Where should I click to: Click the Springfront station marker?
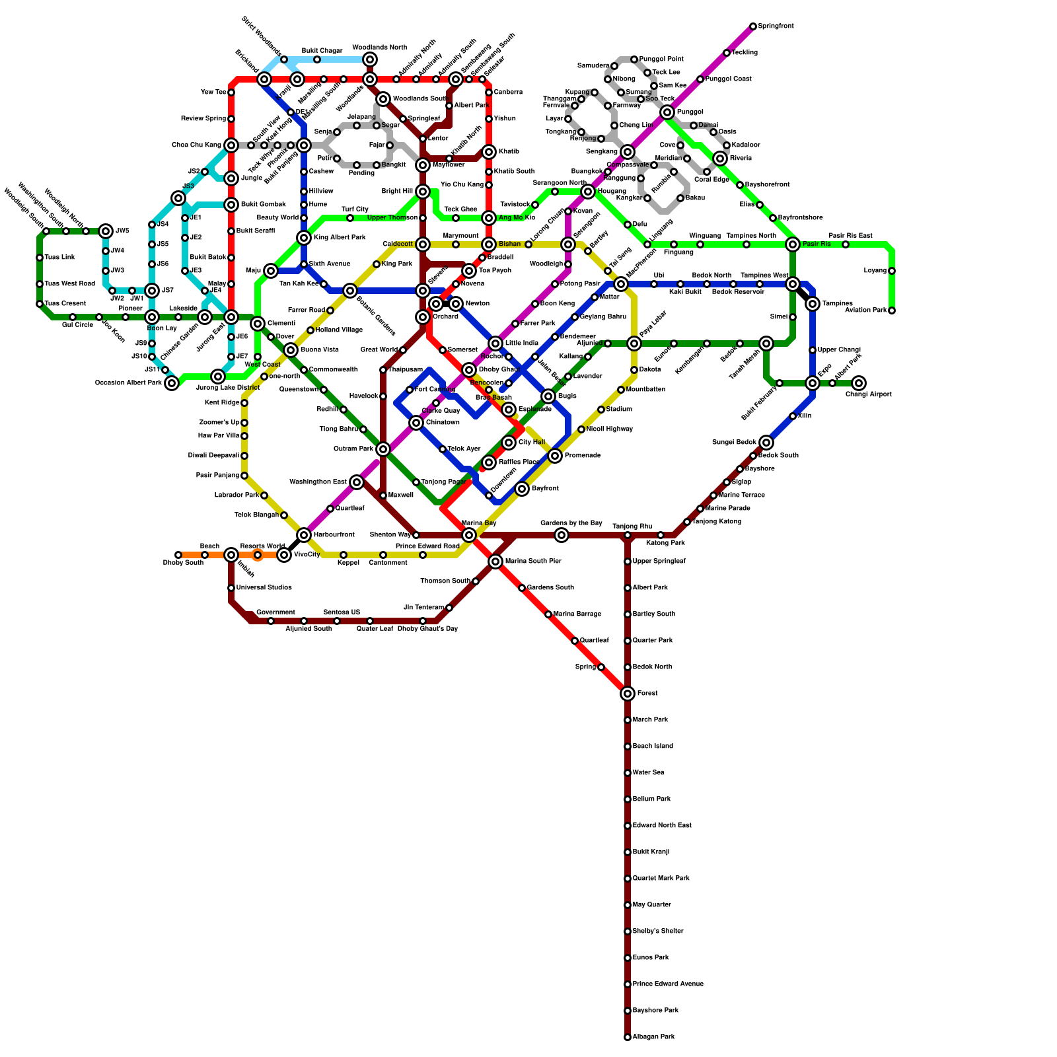753,26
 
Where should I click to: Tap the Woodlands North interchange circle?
370,59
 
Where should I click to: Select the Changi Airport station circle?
859,383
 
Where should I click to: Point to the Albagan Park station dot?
628,1037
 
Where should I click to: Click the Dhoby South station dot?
178,555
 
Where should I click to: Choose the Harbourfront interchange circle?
304,535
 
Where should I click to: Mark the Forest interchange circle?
628,694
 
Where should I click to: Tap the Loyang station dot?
892,271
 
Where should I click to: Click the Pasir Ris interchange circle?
793,244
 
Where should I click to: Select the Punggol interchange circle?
667,112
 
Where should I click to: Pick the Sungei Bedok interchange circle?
766,443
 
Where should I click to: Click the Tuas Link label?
59,258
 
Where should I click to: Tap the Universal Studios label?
264,588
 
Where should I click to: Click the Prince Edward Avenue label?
667,984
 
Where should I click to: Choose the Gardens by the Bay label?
571,523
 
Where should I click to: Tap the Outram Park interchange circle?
383,449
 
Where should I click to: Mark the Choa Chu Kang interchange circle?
231,145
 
